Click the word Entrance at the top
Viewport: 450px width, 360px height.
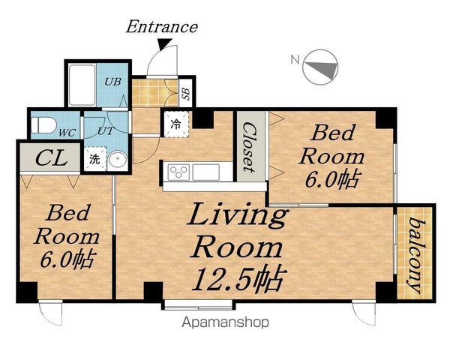[162, 27]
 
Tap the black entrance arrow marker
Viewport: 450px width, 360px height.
[165, 43]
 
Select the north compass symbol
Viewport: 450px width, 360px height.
[320, 67]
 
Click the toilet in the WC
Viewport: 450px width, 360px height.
[43, 125]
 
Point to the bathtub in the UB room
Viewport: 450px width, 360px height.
[82, 85]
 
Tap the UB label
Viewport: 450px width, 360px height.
[112, 82]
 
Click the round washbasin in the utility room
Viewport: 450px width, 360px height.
[118, 159]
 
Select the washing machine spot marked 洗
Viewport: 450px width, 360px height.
[95, 159]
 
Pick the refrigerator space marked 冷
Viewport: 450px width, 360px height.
[176, 124]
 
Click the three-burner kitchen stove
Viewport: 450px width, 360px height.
[178, 172]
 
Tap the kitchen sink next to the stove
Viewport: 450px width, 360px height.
[206, 172]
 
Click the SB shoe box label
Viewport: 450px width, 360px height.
[187, 94]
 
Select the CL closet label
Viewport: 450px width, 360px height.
[52, 158]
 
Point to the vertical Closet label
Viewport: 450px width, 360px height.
[248, 148]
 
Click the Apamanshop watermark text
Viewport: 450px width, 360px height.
[225, 322]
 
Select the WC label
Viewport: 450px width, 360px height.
[67, 133]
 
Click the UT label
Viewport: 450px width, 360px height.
[106, 131]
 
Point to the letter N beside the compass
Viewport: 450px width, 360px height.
[295, 60]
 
